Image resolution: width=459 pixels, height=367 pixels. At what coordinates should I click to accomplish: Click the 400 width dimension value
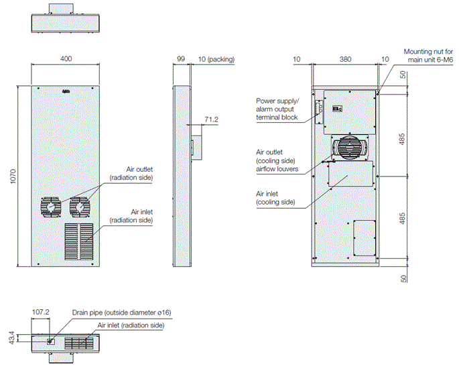click(x=66, y=59)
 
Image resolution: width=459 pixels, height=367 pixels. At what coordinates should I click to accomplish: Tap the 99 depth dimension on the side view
click(x=180, y=59)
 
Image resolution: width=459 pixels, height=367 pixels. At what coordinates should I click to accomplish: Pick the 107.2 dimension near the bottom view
click(x=42, y=312)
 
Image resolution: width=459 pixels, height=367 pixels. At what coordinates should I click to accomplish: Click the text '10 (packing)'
click(x=215, y=59)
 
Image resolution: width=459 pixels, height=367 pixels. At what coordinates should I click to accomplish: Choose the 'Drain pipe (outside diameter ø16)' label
click(x=121, y=313)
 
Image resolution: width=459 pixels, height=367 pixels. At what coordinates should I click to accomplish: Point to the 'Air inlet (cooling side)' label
click(x=276, y=198)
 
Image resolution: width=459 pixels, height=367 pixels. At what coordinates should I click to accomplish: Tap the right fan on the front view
click(x=80, y=207)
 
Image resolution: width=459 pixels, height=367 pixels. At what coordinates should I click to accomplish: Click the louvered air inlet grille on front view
click(x=79, y=242)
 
